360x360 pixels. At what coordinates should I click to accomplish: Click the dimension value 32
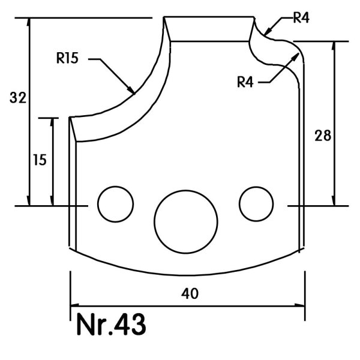[x=18, y=98]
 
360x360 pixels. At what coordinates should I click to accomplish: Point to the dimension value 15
[x=40, y=160]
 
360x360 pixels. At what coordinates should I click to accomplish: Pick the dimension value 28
[x=323, y=136]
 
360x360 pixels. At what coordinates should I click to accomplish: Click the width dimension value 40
[x=190, y=293]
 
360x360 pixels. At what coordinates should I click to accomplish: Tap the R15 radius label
[x=67, y=58]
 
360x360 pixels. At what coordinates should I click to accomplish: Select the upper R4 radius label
[x=301, y=17]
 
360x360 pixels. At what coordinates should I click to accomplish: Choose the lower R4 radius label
[x=245, y=82]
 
